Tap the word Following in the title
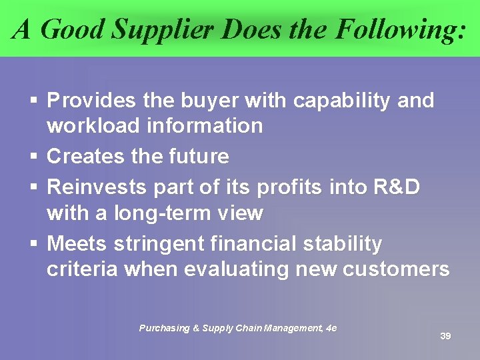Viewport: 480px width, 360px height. [395, 29]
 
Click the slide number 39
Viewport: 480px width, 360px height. [445, 336]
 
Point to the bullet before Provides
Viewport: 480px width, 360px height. [33, 101]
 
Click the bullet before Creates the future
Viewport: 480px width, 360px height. [33, 157]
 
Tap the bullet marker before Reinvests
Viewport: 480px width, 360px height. [33, 188]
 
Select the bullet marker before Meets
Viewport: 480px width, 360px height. [33, 244]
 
